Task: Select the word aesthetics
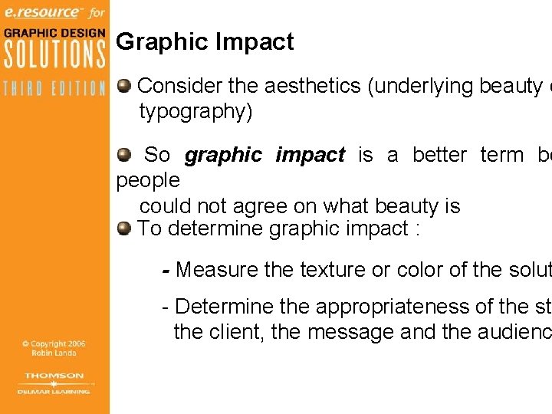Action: (315, 86)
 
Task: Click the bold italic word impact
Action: (310, 155)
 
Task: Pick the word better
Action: (439, 155)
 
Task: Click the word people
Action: (148, 181)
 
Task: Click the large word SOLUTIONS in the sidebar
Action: (54, 54)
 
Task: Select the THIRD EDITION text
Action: (54, 87)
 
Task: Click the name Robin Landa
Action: (54, 353)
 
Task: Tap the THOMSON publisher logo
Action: (54, 376)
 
